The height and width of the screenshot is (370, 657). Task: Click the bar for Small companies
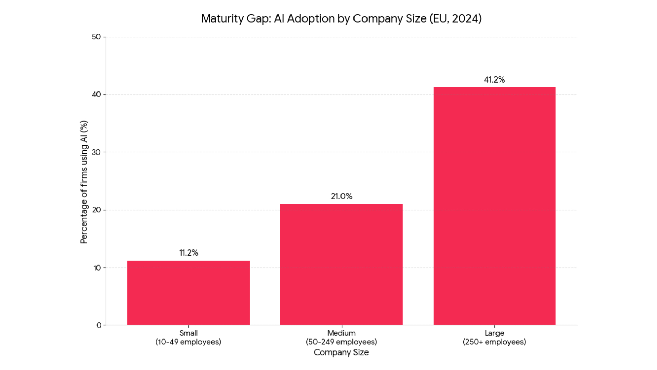tap(189, 293)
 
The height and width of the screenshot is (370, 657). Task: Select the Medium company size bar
tap(341, 264)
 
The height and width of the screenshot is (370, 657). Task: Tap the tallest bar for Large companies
tap(494, 206)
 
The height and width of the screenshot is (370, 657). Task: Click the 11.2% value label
tap(189, 253)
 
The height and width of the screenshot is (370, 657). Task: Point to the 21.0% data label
tap(341, 196)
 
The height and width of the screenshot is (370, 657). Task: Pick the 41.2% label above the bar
tap(494, 80)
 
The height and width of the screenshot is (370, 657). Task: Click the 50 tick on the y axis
tap(96, 37)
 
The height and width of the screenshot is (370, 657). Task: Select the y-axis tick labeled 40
tap(96, 94)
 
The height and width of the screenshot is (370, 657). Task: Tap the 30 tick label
tap(96, 152)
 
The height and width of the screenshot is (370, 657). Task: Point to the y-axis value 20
tap(96, 210)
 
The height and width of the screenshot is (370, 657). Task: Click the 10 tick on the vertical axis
tap(97, 268)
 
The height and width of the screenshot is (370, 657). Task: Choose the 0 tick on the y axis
tap(99, 325)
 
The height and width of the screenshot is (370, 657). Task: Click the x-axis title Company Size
tap(341, 353)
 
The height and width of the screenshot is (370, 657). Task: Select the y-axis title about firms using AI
tap(84, 182)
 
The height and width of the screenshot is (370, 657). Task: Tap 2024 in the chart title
tap(465, 18)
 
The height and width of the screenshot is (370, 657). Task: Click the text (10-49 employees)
tap(188, 342)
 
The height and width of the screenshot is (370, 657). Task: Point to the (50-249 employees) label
tap(341, 342)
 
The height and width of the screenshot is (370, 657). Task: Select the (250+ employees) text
tap(494, 342)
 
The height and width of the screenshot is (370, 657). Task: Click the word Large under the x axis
tap(494, 333)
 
